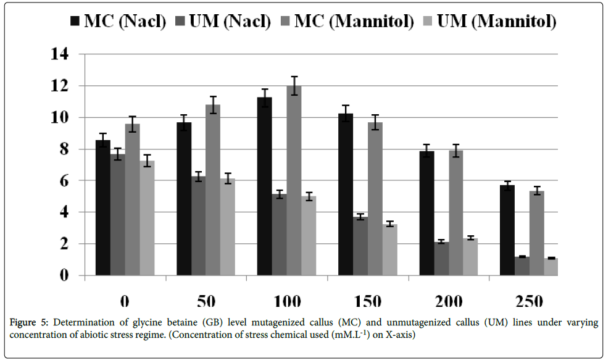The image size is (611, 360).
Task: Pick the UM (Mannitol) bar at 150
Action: (x=390, y=249)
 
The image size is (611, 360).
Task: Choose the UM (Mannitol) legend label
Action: (x=496, y=22)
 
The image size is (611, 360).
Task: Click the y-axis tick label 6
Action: (x=64, y=180)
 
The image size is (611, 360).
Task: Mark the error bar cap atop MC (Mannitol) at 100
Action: (x=294, y=77)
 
